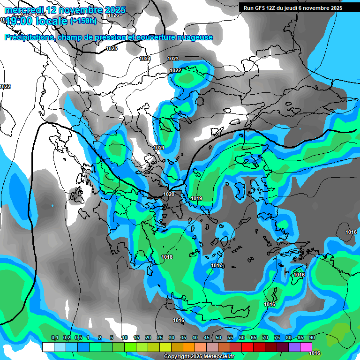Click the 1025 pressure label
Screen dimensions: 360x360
[112, 48]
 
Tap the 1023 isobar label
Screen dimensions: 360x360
[173, 59]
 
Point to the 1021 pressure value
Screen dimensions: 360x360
[159, 148]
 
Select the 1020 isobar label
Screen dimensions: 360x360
[169, 194]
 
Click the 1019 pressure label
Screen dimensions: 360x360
[196, 198]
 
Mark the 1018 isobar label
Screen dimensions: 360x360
[167, 257]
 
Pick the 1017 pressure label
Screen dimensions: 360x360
[217, 265]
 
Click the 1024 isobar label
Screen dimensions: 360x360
[145, 59]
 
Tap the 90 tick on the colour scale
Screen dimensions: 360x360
[312, 337]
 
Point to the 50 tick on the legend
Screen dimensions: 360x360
[218, 337]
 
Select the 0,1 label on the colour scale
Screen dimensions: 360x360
[54, 337]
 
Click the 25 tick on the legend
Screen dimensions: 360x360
[160, 337]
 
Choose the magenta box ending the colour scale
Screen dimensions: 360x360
[306, 347]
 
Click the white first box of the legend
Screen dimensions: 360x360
[48, 347]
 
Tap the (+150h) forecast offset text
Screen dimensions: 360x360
[83, 21]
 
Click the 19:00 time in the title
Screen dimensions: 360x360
[22, 21]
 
